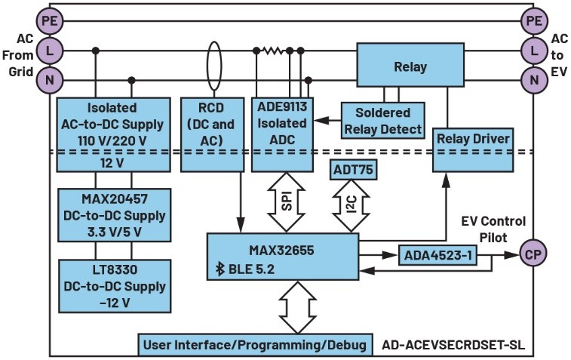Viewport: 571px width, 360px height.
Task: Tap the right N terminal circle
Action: click(534, 78)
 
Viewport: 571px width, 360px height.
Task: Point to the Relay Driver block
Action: click(472, 140)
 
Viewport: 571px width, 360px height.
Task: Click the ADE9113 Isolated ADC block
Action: click(282, 124)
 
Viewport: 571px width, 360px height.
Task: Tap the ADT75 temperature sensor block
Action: click(352, 171)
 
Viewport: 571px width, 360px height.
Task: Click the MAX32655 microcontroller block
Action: click(282, 257)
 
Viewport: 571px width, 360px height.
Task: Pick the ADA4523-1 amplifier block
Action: click(435, 255)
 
